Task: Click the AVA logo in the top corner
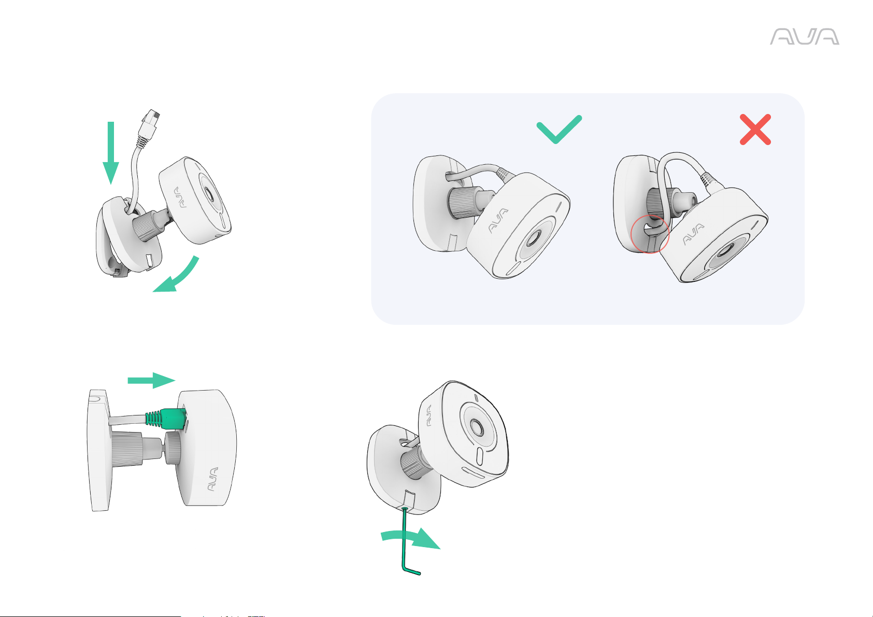pyautogui.click(x=805, y=37)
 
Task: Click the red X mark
pyautogui.click(x=755, y=130)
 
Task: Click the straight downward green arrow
pyautogui.click(x=111, y=153)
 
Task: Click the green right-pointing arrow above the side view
pyautogui.click(x=152, y=380)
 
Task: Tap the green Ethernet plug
pyautogui.click(x=166, y=419)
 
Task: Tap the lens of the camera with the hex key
pyautogui.click(x=477, y=427)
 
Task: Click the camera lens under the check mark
pyautogui.click(x=533, y=237)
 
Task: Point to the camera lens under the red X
pyautogui.click(x=724, y=251)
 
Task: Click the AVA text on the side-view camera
pyautogui.click(x=212, y=479)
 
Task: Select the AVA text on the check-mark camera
pyautogui.click(x=498, y=221)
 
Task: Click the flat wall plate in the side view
pyautogui.click(x=100, y=450)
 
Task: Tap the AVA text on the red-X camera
pyautogui.click(x=693, y=234)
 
